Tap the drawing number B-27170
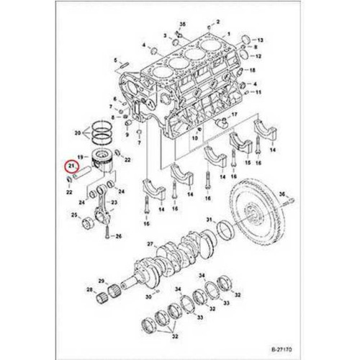point(282,349)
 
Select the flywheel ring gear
point(257,217)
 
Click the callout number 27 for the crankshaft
point(150,244)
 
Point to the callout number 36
point(282,194)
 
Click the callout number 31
point(210,220)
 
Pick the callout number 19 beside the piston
point(81,157)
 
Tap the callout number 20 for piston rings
point(78,132)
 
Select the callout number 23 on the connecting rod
point(114,202)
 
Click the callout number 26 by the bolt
point(119,236)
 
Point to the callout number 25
point(74,215)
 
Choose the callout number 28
point(89,289)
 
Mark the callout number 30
point(148,297)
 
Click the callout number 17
point(234,114)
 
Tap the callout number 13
point(261,40)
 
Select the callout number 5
point(115,60)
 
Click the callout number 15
point(248,163)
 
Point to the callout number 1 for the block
point(229,34)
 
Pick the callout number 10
point(194,138)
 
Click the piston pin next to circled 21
point(83,172)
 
